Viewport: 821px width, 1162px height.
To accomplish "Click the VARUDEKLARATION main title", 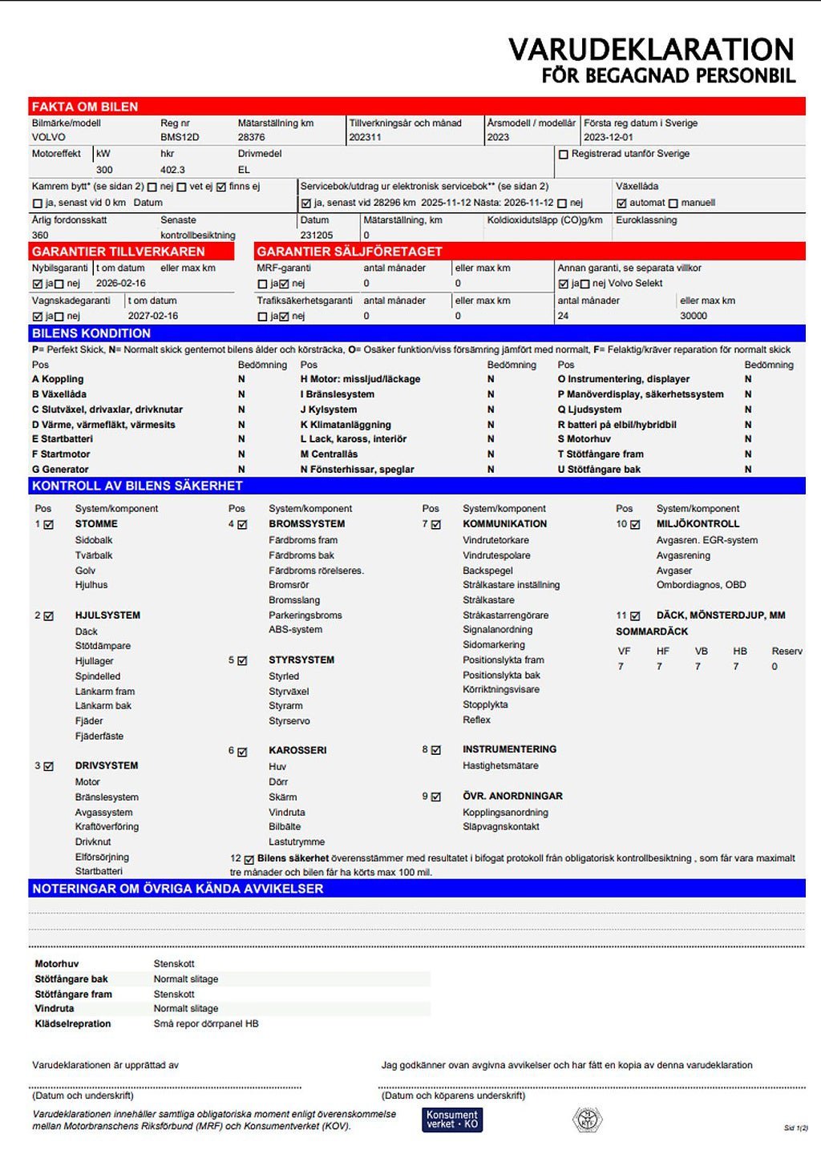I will pyautogui.click(x=651, y=50).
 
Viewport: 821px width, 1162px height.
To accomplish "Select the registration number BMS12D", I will pyautogui.click(x=180, y=137).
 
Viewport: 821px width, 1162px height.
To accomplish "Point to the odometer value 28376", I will pyautogui.click(x=251, y=137).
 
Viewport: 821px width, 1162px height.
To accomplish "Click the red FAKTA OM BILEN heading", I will pyautogui.click(x=85, y=107).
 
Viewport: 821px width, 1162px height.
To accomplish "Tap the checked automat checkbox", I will pyautogui.click(x=621, y=204).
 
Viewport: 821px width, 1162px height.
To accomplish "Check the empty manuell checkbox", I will pyautogui.click(x=673, y=204).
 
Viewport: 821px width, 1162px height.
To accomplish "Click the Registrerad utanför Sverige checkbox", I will pyautogui.click(x=564, y=155).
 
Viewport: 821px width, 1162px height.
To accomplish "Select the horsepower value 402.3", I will pyautogui.click(x=172, y=170).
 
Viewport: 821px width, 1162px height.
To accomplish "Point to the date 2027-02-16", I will pyautogui.click(x=153, y=316).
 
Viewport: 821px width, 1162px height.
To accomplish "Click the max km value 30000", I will pyautogui.click(x=694, y=316).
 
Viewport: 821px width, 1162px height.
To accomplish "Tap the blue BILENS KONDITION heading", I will pyautogui.click(x=91, y=333).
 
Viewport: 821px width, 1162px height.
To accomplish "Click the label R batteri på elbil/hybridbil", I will pyautogui.click(x=617, y=425).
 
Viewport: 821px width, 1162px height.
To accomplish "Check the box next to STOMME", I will pyautogui.click(x=49, y=525).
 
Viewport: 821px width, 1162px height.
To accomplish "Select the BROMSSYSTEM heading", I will pyautogui.click(x=306, y=524).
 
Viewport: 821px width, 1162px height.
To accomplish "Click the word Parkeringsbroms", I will pyautogui.click(x=305, y=615).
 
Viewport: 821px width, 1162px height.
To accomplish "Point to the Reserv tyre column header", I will pyautogui.click(x=787, y=652).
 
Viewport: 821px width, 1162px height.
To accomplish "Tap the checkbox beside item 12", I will pyautogui.click(x=249, y=859).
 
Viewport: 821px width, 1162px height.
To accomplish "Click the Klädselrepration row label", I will pyautogui.click(x=73, y=1024).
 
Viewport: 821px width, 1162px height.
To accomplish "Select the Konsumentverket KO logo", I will pyautogui.click(x=452, y=1120).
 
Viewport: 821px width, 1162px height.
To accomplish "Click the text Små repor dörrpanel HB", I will pyautogui.click(x=206, y=1024).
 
